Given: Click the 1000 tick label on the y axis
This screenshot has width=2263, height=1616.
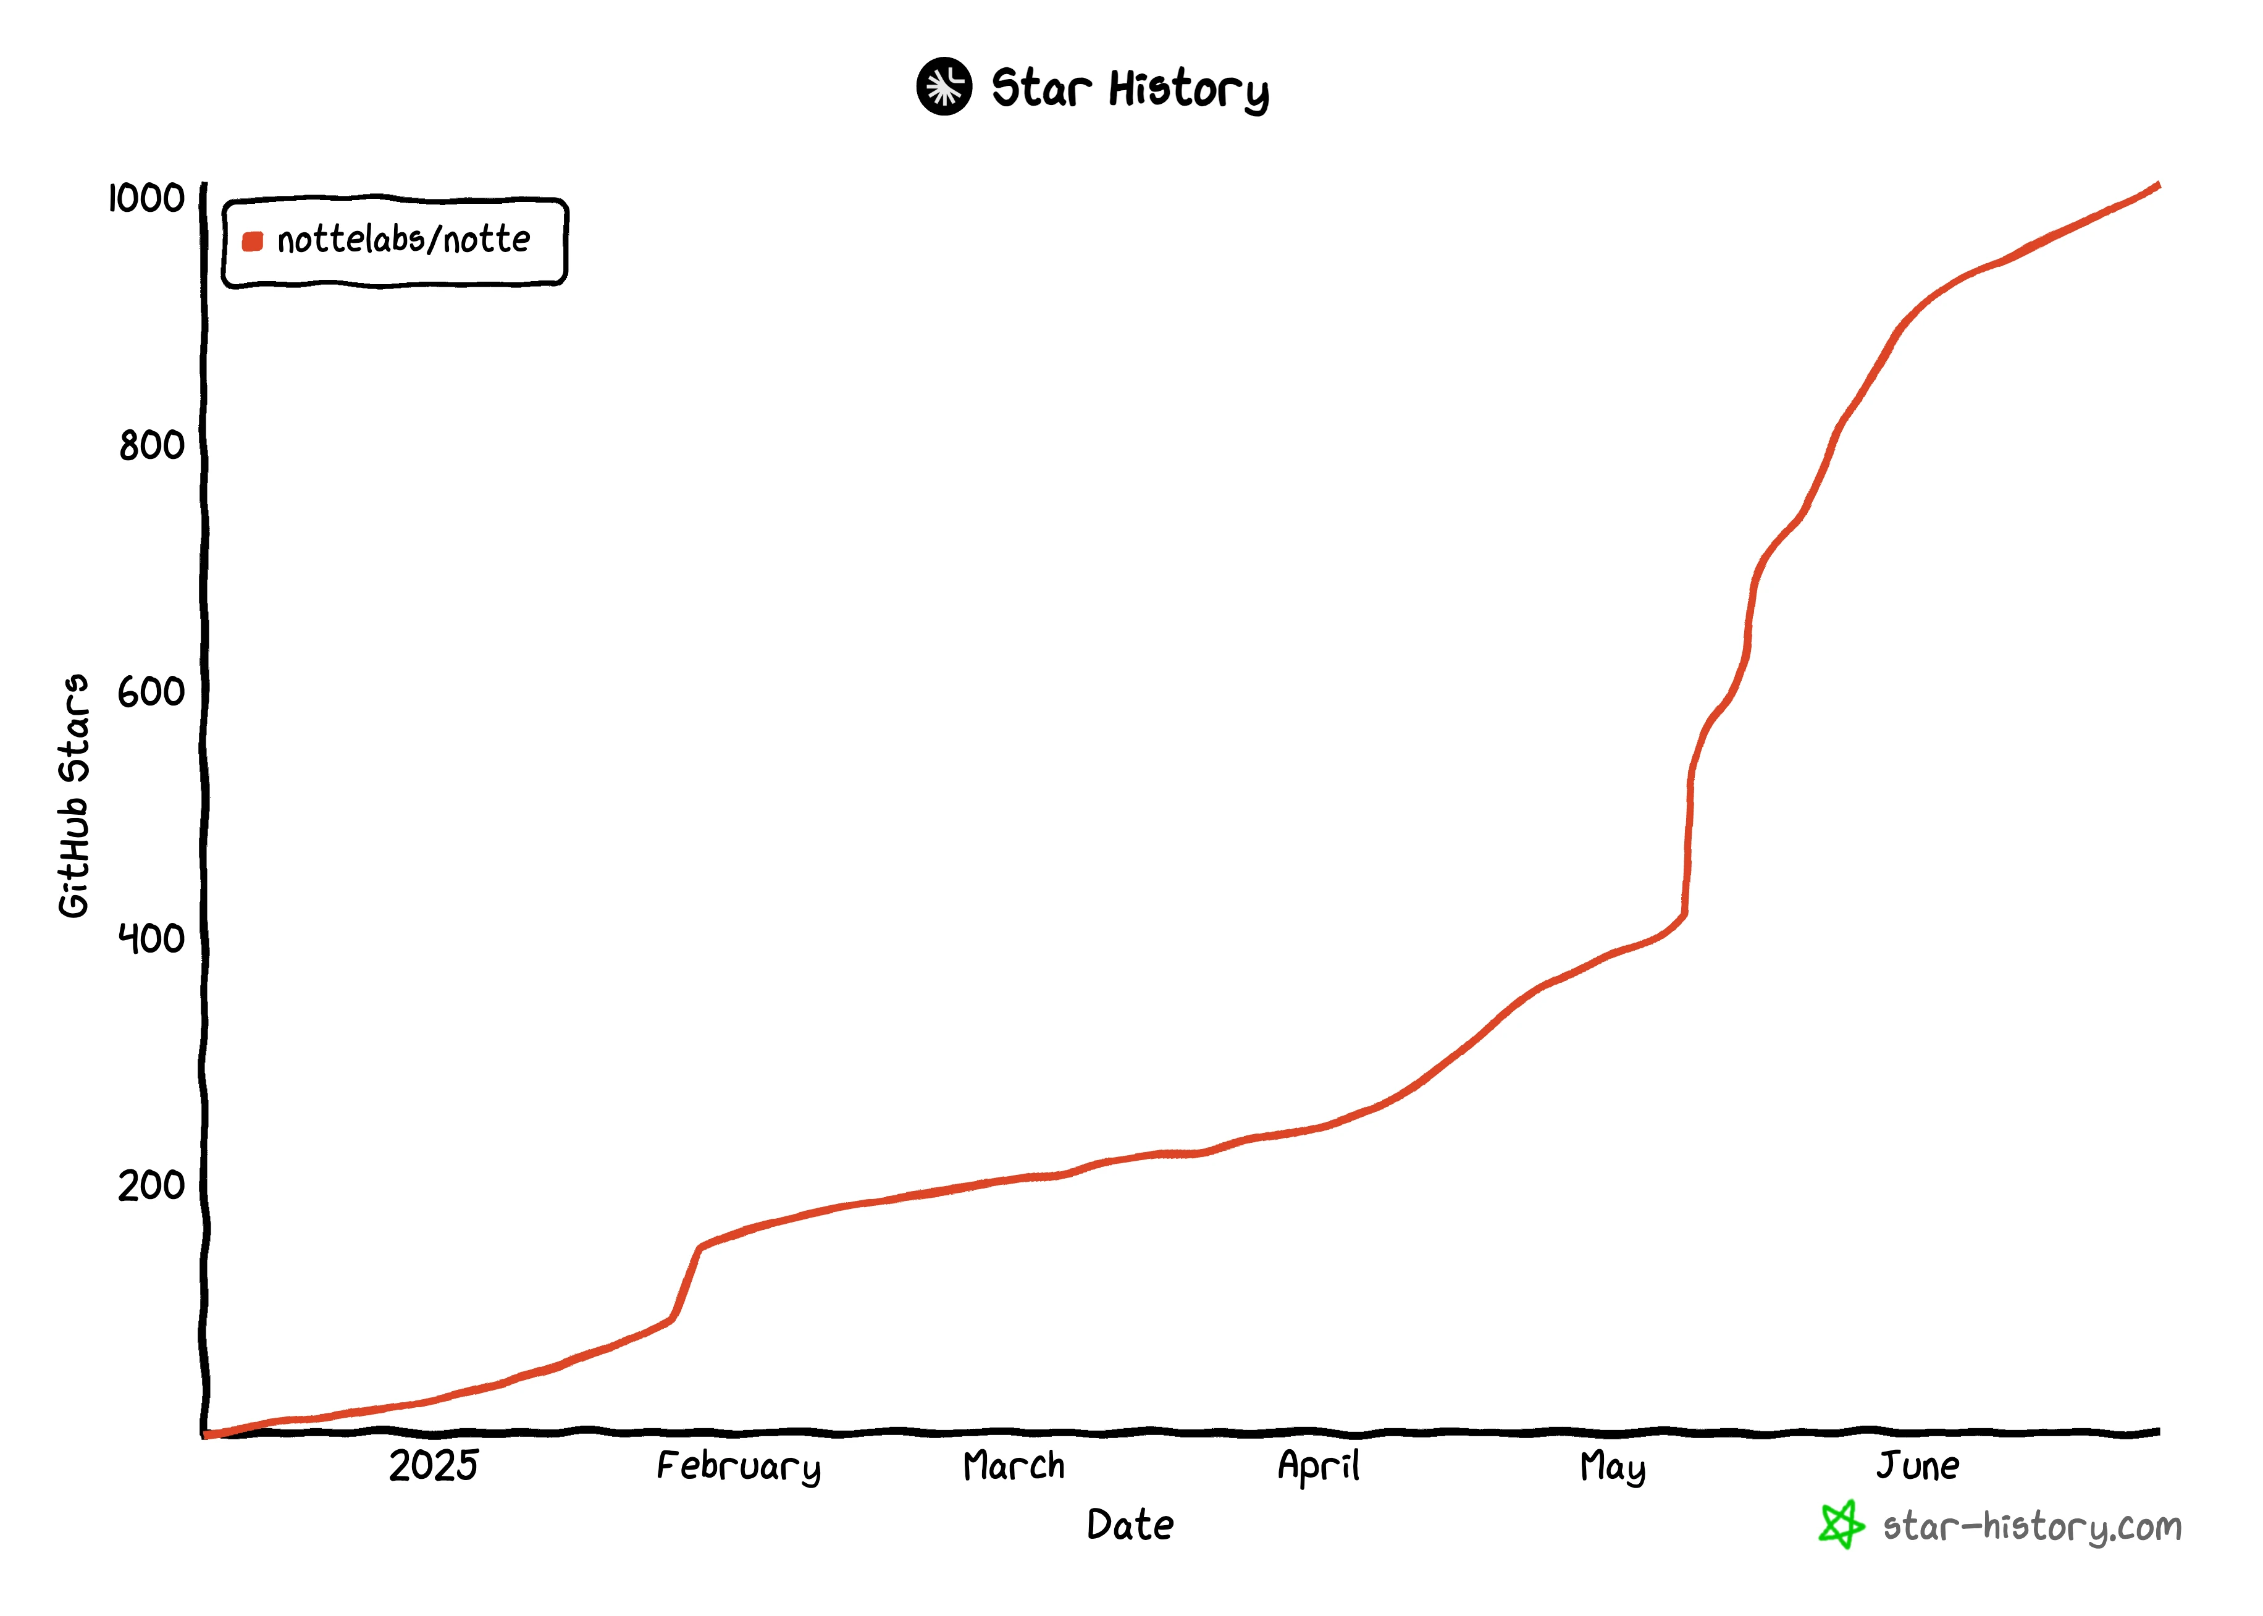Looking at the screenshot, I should click(146, 198).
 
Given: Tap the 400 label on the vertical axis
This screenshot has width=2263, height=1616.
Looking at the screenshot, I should click(151, 938).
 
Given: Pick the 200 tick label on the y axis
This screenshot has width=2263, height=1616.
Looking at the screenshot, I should click(151, 1185).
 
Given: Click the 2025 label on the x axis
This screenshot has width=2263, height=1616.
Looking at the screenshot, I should click(434, 1466).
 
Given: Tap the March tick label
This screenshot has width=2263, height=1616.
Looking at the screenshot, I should click(1014, 1466).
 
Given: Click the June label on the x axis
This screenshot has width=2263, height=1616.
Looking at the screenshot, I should click(1918, 1466).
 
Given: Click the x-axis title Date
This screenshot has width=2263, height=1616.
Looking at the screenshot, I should click(1130, 1525).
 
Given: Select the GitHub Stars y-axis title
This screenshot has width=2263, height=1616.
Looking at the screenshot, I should click(73, 796).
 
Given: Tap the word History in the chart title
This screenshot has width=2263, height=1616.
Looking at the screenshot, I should click(1189, 90).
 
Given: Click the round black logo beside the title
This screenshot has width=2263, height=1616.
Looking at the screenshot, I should click(944, 86).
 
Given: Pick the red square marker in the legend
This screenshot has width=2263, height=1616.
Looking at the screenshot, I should click(253, 241).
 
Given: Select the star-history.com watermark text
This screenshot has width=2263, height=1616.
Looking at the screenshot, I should click(2031, 1526).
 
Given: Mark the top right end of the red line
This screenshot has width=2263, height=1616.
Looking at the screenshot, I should click(2157, 185).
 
